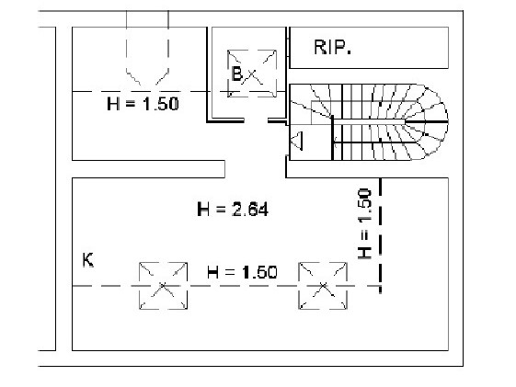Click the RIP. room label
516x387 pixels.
332,47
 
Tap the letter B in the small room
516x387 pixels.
236,74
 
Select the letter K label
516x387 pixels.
88,260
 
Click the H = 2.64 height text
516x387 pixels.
233,210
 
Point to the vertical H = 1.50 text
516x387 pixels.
364,223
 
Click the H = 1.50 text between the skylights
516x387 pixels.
242,272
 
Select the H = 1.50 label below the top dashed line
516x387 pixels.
143,104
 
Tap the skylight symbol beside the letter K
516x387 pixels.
163,286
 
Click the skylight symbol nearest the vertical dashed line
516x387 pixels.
323,286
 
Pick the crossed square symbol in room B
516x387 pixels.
252,74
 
